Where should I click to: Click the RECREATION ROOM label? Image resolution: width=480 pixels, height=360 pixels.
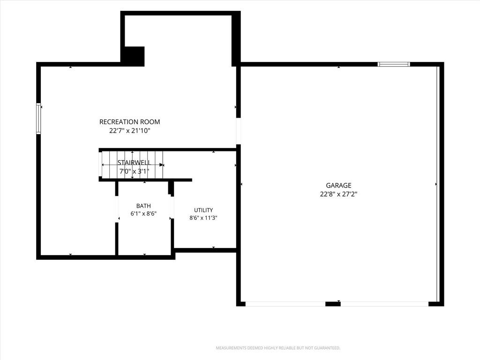[129, 122]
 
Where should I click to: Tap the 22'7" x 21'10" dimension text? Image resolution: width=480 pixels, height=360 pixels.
[130, 131]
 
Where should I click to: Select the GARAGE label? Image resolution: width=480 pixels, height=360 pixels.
[338, 185]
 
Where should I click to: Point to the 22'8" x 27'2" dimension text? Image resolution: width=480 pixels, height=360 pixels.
[338, 194]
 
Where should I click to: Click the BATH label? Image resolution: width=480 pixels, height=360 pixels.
[143, 206]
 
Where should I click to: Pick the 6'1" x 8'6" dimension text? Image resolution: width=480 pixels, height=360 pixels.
[143, 214]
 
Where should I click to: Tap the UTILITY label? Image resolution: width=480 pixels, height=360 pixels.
[203, 210]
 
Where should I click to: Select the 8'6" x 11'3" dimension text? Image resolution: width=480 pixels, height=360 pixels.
[203, 218]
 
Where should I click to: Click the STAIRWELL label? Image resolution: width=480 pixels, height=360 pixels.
[134, 163]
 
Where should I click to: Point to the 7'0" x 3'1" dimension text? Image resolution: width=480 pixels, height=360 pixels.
[134, 171]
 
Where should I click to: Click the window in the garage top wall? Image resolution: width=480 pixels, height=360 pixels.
[394, 64]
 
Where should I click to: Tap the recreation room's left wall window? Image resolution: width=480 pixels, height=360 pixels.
[38, 119]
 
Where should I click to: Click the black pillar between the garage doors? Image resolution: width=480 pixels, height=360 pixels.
[333, 304]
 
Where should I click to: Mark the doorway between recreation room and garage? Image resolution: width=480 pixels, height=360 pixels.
[239, 131]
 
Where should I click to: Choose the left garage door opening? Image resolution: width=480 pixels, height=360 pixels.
[285, 304]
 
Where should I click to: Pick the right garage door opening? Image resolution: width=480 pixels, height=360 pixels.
[384, 304]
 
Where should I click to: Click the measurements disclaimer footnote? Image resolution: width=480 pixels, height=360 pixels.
[278, 348]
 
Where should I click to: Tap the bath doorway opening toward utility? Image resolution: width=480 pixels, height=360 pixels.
[172, 208]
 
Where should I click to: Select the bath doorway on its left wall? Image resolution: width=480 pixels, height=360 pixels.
[117, 209]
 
